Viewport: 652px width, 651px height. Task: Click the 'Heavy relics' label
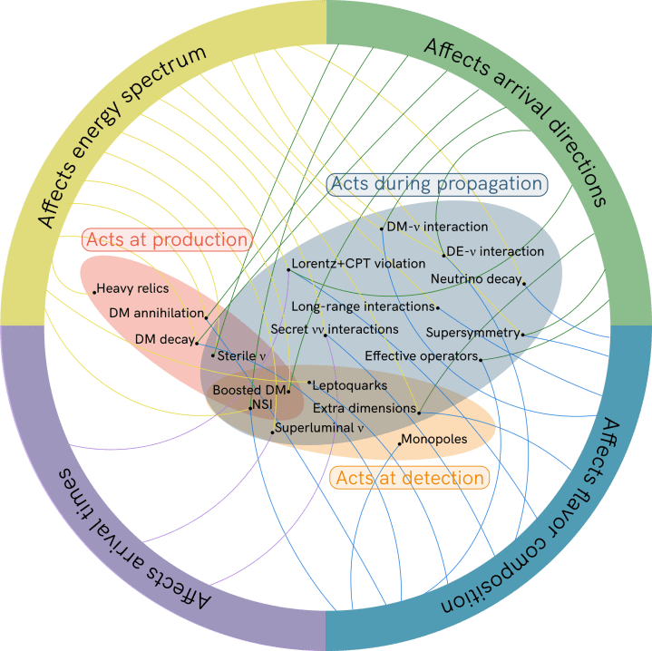(133, 288)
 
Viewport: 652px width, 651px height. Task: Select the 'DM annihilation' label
(150, 313)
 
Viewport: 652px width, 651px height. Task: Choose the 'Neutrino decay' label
(475, 277)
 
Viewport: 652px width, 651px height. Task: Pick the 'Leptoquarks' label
(350, 385)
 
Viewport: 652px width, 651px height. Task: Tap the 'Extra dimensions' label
(364, 409)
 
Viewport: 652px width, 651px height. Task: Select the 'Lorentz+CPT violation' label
(358, 264)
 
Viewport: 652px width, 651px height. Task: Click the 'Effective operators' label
(421, 355)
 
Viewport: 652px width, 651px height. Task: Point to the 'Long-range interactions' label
(363, 306)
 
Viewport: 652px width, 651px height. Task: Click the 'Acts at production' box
(166, 239)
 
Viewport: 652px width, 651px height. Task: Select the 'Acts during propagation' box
(436, 184)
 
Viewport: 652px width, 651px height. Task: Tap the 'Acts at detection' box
(410, 477)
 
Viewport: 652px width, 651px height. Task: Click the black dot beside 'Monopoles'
(400, 443)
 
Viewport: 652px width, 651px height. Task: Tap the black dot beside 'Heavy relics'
(94, 292)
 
